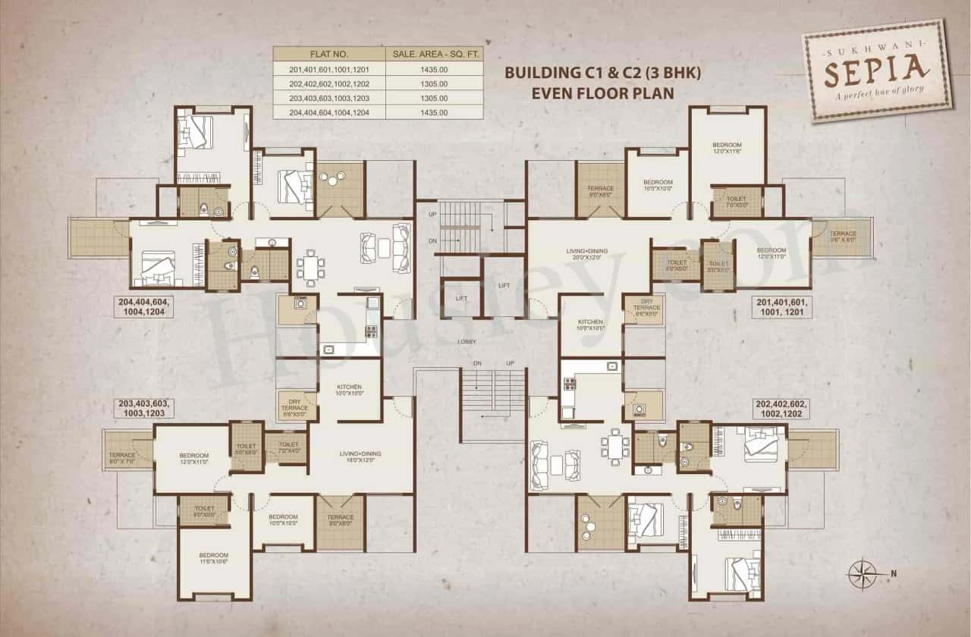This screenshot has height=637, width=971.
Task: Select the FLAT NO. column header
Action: pos(329,55)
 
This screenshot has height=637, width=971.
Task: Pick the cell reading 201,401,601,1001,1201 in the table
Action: pos(329,69)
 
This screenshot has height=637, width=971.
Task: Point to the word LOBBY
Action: pos(467,342)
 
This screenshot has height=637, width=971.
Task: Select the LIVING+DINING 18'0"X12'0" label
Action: pos(360,457)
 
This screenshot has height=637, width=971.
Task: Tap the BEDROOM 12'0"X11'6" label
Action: pos(727,148)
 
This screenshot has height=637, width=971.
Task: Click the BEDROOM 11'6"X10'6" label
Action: pos(214,558)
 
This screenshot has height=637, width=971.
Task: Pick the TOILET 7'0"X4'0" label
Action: pos(288,448)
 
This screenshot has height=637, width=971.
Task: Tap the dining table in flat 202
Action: pos(614,444)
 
